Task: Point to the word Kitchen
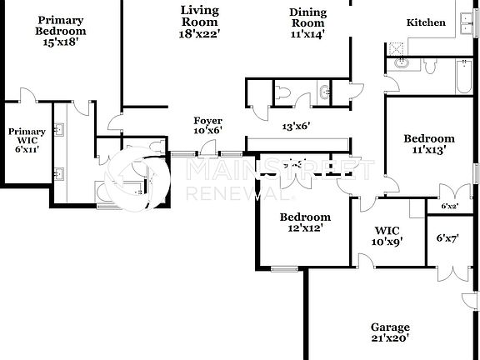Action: pyautogui.click(x=426, y=22)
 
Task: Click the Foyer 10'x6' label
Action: pyautogui.click(x=207, y=126)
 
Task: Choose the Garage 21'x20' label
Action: pyautogui.click(x=390, y=332)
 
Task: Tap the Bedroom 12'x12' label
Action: pyautogui.click(x=305, y=222)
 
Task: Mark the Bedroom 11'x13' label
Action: pyautogui.click(x=428, y=144)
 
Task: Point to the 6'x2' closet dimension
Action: pyautogui.click(x=448, y=206)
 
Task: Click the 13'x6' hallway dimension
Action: pyautogui.click(x=296, y=127)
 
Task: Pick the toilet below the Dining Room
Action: pyautogui.click(x=281, y=93)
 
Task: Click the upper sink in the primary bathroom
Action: pyautogui.click(x=59, y=130)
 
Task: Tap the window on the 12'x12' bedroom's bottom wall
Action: pyautogui.click(x=284, y=268)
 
